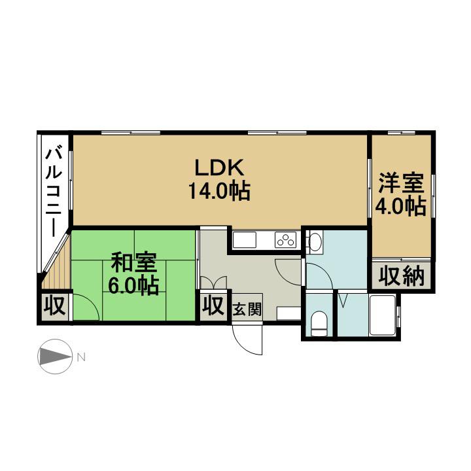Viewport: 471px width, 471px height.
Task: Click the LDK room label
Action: [219, 167]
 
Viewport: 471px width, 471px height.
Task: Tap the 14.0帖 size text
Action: [219, 191]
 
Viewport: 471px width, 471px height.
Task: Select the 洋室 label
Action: [401, 183]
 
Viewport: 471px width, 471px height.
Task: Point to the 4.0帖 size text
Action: [401, 206]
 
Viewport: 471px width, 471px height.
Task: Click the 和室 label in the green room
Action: [133, 262]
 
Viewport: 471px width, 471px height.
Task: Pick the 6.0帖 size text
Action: [133, 286]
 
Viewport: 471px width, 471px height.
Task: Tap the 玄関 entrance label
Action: [247, 309]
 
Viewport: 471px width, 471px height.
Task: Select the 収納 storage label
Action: [401, 276]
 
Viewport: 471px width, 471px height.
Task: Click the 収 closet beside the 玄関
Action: [213, 305]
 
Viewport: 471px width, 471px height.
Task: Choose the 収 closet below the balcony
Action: [55, 305]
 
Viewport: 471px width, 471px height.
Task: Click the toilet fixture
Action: [319, 324]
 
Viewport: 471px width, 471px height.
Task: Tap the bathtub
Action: [383, 315]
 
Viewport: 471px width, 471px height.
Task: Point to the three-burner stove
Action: [285, 240]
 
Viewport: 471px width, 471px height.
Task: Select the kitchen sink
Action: [245, 240]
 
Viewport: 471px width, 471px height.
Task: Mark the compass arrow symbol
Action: [55, 357]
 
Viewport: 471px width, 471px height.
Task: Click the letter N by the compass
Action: [81, 357]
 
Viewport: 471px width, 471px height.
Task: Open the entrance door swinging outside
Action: [247, 339]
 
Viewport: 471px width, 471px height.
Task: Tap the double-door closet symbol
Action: [213, 283]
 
